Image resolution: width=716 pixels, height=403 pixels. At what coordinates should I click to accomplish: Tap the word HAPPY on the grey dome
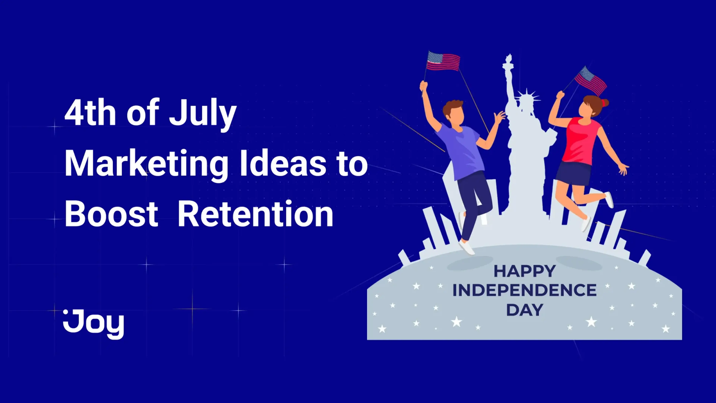pyautogui.click(x=525, y=271)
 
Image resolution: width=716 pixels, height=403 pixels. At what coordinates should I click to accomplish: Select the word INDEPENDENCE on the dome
pyautogui.click(x=525, y=290)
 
